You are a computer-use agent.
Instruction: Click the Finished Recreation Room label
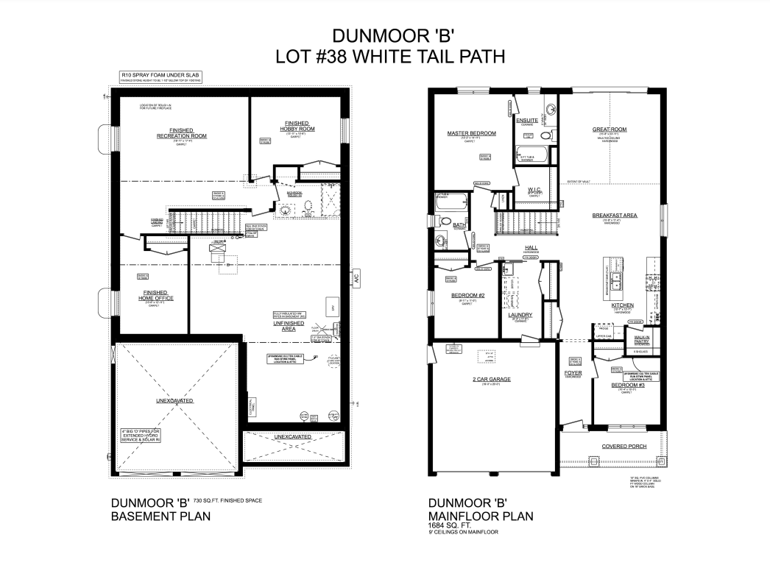182,133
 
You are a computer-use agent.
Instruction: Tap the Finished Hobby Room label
297,126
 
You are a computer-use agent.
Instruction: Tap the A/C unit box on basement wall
357,280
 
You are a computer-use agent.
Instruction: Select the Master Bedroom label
471,133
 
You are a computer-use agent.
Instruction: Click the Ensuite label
527,120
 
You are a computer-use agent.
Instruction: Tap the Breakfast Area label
615,216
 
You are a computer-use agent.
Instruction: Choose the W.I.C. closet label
535,190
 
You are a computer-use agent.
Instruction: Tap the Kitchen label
623,305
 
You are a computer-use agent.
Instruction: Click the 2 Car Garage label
492,379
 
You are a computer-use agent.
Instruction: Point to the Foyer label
574,372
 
